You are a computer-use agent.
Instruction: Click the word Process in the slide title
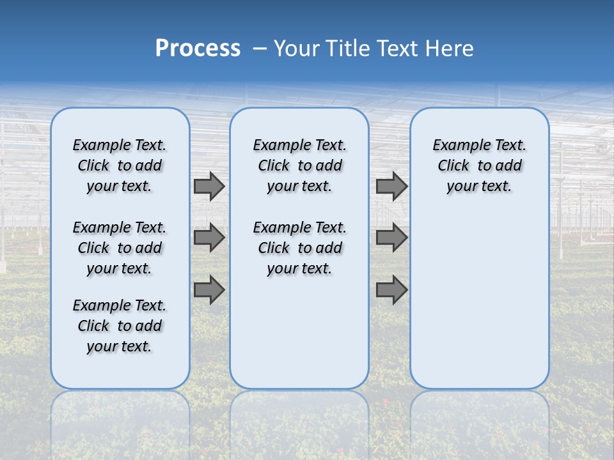[x=198, y=49]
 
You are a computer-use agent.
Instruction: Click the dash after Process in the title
[x=260, y=49]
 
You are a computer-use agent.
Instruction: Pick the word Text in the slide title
[x=396, y=49]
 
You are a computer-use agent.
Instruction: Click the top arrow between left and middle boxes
[x=209, y=187]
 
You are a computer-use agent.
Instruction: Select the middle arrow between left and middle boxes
[x=209, y=238]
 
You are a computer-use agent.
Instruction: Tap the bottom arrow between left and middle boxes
[x=209, y=289]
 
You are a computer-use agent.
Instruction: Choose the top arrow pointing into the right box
[x=391, y=187]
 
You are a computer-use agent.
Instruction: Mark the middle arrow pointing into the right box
[x=391, y=238]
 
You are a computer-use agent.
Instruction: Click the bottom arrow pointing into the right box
[x=391, y=289]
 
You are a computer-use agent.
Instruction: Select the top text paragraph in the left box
[x=120, y=165]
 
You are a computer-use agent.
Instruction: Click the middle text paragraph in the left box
[x=120, y=248]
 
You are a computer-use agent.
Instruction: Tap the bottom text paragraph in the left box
[x=120, y=326]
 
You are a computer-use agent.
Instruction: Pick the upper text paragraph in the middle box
[x=299, y=165]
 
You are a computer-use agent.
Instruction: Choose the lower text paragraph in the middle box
[x=299, y=248]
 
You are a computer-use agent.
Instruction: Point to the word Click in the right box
[x=453, y=166]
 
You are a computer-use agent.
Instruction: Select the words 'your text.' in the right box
[x=479, y=187]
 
